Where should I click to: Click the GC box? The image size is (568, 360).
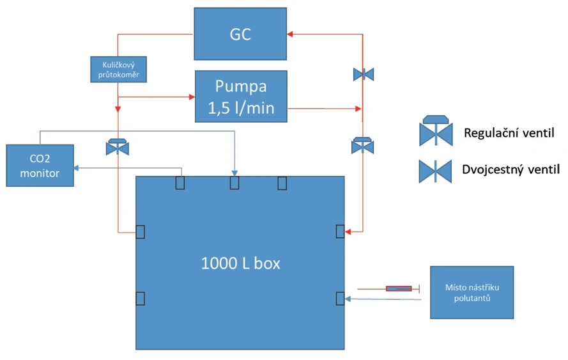pos(240,34)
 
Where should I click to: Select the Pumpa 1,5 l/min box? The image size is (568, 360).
pos(241,97)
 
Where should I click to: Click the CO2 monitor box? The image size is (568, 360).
pos(40,166)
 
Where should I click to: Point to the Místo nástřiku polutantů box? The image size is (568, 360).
pos(472,292)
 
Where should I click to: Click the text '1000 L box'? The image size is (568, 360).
pos(240,263)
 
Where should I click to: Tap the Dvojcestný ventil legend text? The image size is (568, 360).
pos(510,170)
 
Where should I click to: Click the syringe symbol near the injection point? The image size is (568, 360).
pos(399,289)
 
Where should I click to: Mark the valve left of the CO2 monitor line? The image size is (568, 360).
pos(118,146)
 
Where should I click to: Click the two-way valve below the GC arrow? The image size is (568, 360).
pos(363,75)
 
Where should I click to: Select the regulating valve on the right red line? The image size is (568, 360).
pos(363,146)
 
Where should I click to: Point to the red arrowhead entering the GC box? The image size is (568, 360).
pos(290,34)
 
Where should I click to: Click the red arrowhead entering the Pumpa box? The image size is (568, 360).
pos(191,97)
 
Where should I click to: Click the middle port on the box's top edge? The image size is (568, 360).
pos(234,183)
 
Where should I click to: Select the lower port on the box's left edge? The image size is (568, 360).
pos(141,298)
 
